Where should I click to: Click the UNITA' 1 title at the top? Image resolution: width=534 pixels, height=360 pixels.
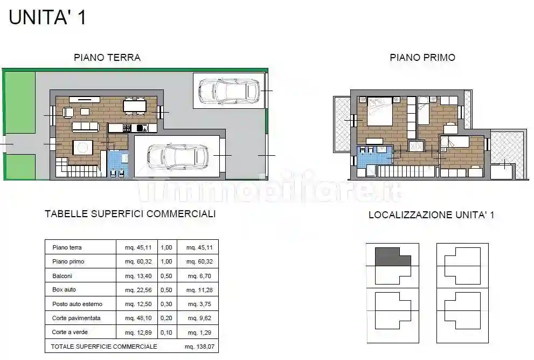[47, 17]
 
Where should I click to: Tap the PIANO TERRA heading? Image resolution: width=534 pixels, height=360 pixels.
[107, 58]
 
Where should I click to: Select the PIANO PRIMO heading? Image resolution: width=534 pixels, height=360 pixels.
[422, 58]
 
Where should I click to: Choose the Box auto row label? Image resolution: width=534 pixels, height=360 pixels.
[64, 289]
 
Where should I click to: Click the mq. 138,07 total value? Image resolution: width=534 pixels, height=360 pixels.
[198, 346]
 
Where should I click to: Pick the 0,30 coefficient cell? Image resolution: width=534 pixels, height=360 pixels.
[167, 304]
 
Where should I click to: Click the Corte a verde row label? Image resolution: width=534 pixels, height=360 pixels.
[71, 332]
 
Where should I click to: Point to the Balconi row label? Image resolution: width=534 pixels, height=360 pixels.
[63, 275]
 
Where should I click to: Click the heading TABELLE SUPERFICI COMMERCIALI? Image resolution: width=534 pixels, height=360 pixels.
[130, 214]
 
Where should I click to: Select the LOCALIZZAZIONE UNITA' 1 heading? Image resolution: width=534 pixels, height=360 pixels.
[431, 215]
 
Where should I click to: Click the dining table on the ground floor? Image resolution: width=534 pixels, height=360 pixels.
[135, 106]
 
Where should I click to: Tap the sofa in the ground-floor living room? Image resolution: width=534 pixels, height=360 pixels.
[85, 126]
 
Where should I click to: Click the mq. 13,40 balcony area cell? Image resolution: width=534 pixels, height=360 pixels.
[137, 275]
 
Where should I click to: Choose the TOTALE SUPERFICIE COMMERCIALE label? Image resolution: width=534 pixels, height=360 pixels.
[104, 346]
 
